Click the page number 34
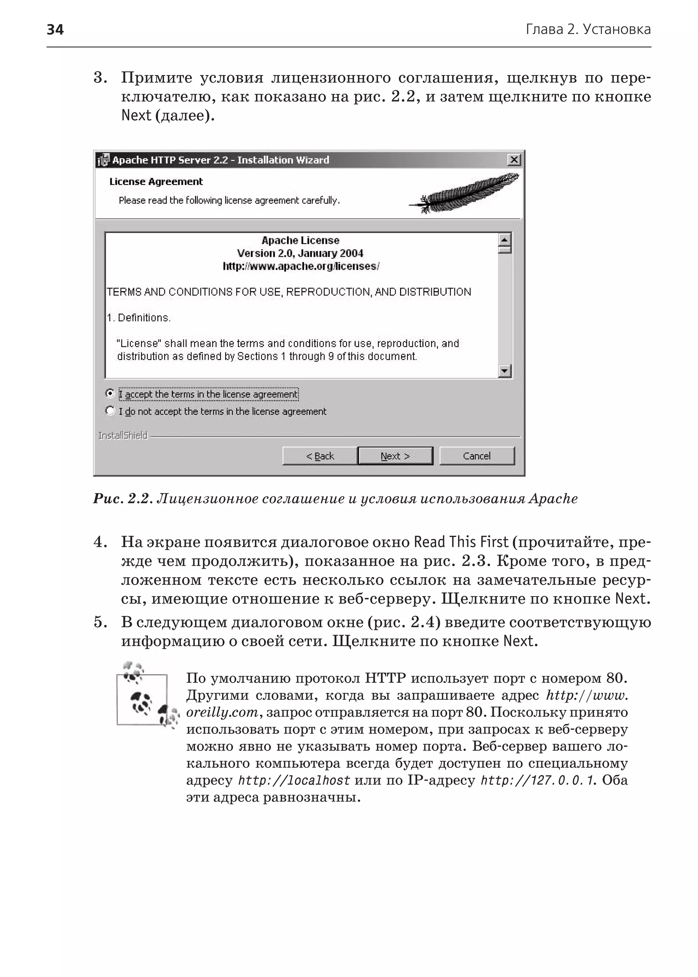tap(55, 30)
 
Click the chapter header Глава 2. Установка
tap(588, 30)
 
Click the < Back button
tap(320, 456)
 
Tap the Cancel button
tap(477, 456)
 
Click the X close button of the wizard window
tap(514, 160)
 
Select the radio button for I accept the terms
tap(110, 393)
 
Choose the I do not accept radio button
tap(110, 411)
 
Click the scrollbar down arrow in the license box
tap(505, 370)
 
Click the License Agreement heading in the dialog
tap(156, 182)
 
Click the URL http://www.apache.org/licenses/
tap(301, 266)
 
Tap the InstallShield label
tap(123, 436)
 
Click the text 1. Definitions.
tap(139, 318)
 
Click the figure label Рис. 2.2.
tap(122, 499)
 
